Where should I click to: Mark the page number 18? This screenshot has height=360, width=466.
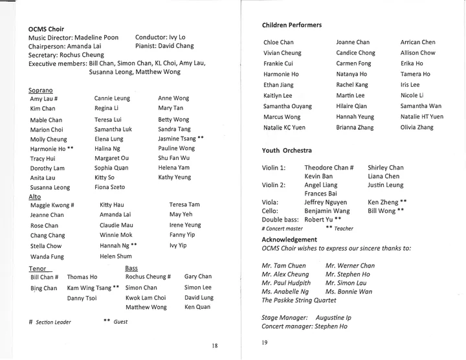[214, 346]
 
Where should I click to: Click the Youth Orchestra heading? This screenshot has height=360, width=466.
[289, 150]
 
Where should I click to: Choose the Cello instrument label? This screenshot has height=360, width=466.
[271, 210]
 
